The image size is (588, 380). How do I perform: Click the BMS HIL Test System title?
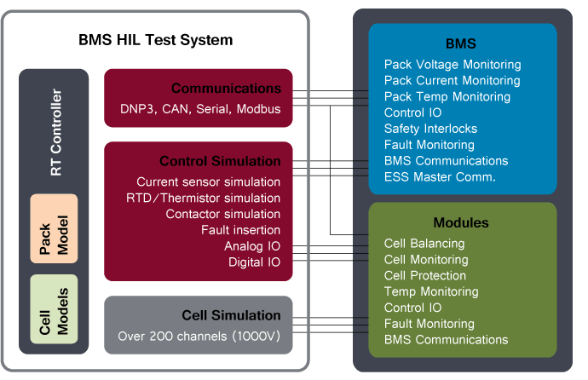coord(155,40)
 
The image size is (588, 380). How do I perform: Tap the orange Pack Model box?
coord(54,227)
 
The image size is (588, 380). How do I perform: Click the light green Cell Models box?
coord(54,308)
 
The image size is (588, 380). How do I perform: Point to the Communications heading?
coord(226,89)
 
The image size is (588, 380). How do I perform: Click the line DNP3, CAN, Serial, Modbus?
coord(200,109)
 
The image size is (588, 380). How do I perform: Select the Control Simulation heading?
coord(220,161)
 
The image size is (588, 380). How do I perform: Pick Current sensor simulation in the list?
coord(208,182)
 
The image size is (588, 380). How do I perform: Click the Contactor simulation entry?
coord(222,214)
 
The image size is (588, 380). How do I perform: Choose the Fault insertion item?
coord(240,230)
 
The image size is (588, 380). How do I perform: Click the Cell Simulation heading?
coord(231,315)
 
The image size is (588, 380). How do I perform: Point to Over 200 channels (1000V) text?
coord(199,336)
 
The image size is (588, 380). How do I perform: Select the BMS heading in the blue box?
coord(461,43)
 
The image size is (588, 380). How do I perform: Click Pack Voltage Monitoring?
coord(452,65)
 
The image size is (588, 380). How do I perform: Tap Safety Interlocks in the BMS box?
coord(430,129)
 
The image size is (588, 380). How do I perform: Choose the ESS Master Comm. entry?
coord(440,177)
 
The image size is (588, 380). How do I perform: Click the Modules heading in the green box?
coord(461,222)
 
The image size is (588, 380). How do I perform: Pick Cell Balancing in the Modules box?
coord(424,244)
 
